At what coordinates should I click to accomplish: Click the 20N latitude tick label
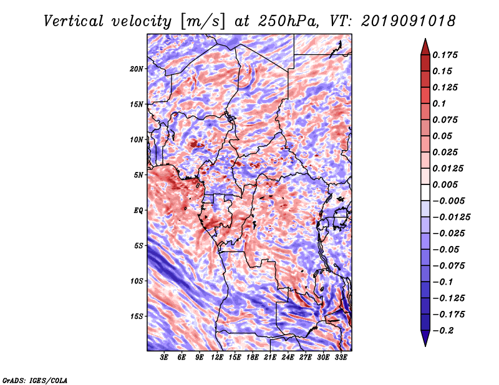click(x=137, y=69)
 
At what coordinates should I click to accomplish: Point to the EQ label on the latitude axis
click(x=138, y=211)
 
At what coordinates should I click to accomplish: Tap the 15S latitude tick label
click(x=137, y=316)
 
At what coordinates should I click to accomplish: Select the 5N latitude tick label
click(x=138, y=175)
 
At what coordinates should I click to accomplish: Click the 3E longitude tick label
click(x=164, y=358)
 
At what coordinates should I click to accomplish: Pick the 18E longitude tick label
click(x=253, y=358)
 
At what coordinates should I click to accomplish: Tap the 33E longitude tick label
click(x=341, y=358)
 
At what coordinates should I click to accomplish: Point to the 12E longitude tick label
click(x=217, y=358)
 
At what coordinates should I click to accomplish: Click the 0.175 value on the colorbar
click(x=445, y=55)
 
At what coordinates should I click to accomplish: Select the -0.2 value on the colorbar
click(x=443, y=331)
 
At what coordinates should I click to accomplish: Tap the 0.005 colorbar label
click(x=445, y=184)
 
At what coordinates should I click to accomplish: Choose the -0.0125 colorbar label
click(x=451, y=217)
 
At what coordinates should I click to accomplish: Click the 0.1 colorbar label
click(x=439, y=103)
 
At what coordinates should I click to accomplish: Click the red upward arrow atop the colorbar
click(x=425, y=47)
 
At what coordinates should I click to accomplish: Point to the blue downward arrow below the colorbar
click(x=425, y=338)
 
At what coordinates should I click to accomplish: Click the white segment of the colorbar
click(x=425, y=192)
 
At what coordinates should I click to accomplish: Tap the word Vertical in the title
click(x=74, y=21)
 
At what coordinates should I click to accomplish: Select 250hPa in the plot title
click(x=288, y=21)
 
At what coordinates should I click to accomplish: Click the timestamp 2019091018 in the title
click(x=409, y=21)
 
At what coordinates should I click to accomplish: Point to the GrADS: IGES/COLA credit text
click(x=35, y=380)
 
